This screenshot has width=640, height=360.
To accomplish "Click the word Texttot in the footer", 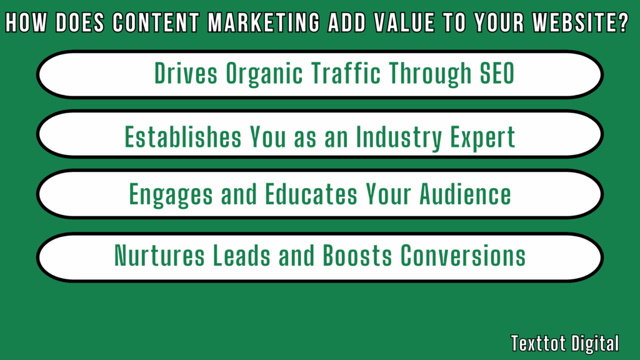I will pos(535,343).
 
